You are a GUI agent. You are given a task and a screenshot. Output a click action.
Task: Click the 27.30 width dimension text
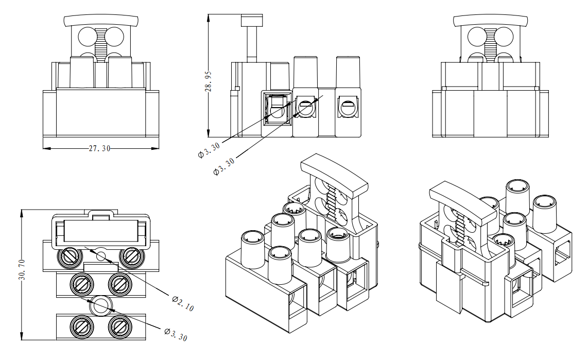[x=100, y=148]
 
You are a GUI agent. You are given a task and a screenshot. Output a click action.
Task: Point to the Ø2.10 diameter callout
[x=183, y=303]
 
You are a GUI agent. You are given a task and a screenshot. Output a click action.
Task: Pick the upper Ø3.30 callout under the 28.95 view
[x=209, y=150]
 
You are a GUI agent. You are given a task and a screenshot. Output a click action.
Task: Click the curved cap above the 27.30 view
[x=101, y=21]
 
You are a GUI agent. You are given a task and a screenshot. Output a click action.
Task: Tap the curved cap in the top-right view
[x=491, y=21]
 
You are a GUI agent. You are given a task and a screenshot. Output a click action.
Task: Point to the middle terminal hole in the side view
[x=306, y=109]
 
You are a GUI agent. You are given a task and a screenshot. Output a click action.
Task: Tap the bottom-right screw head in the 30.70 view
[x=120, y=325]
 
